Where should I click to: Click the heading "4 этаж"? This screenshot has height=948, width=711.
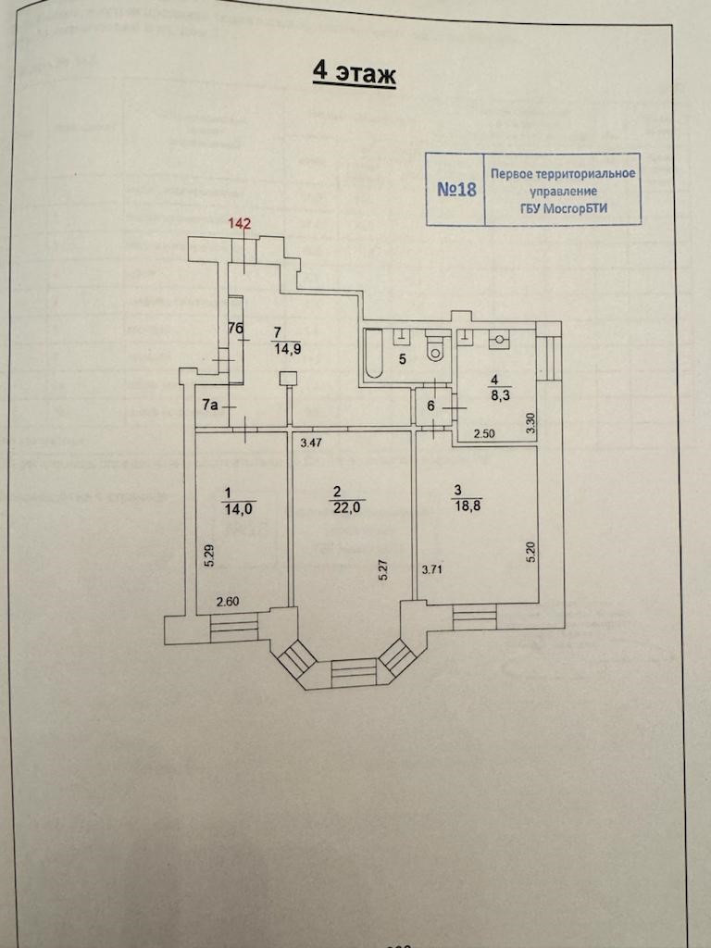point(354,73)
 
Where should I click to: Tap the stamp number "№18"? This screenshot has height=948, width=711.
point(455,190)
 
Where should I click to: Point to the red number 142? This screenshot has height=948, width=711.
point(240,223)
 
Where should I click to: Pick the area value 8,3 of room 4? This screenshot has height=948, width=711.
point(496,393)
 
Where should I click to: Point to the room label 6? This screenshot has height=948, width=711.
point(431,405)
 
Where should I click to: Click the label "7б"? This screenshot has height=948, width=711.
point(235,329)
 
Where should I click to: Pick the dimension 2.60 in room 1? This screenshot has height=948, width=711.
point(228,603)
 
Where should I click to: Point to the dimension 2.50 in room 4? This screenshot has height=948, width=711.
point(486,433)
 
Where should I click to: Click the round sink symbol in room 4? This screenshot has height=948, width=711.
point(500,340)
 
